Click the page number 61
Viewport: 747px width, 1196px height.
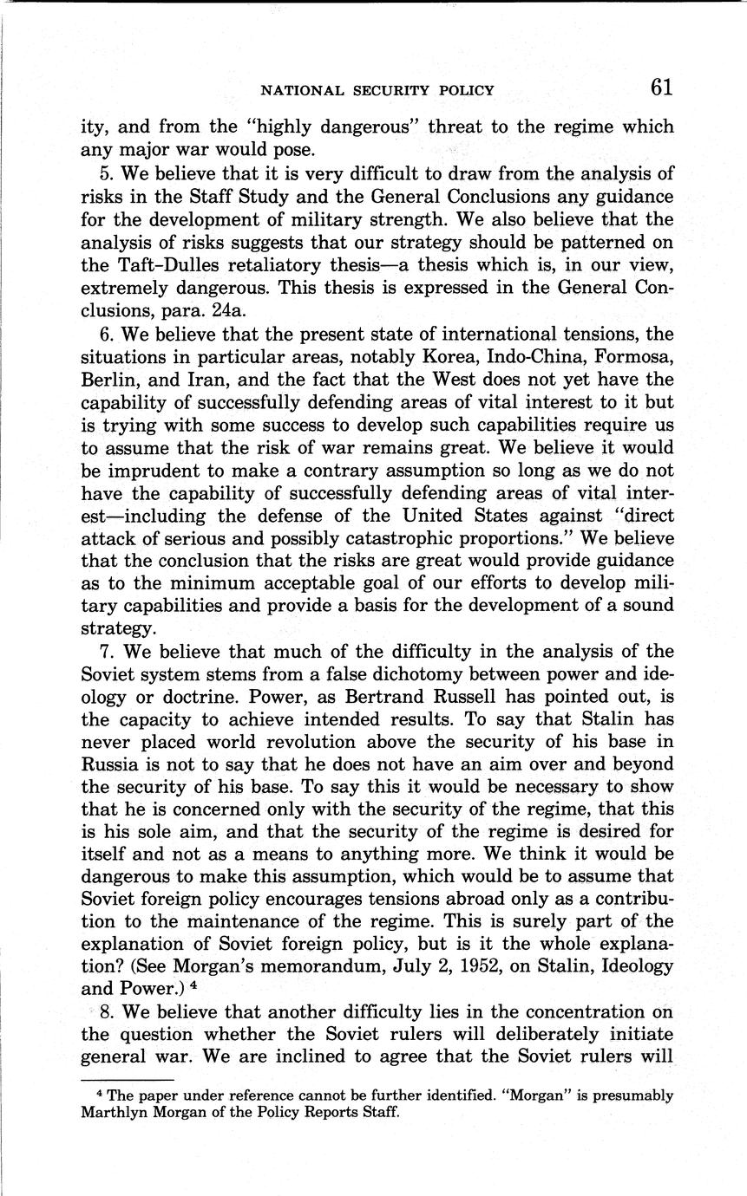click(659, 88)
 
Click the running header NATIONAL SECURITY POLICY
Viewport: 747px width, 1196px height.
click(377, 90)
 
